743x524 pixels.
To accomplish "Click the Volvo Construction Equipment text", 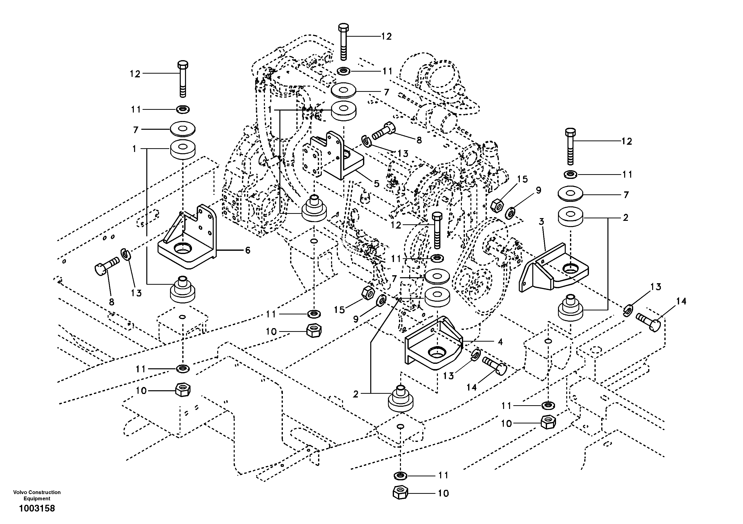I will [x=37, y=495].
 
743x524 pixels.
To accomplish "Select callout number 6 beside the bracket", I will [x=248, y=250].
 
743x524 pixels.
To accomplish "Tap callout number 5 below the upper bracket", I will [x=376, y=184].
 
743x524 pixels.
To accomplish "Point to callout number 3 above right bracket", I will [x=541, y=222].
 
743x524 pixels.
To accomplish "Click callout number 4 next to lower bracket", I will [x=500, y=342].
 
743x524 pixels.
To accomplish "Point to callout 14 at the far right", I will [x=681, y=301].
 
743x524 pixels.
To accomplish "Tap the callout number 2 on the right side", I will [x=625, y=218].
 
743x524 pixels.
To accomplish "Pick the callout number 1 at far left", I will [x=134, y=149].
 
